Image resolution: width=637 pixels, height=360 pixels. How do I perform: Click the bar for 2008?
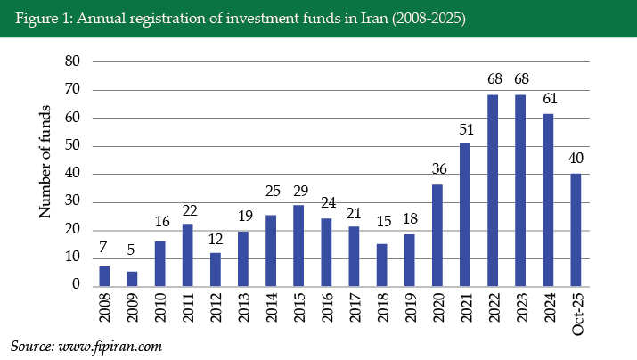pos(104,276)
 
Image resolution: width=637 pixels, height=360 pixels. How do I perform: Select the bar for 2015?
pos(298,245)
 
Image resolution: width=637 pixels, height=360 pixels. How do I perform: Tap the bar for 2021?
pos(464,214)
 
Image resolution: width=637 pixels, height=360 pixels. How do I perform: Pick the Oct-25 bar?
pos(576,229)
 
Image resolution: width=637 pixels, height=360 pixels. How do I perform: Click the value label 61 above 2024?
pos(548,102)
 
